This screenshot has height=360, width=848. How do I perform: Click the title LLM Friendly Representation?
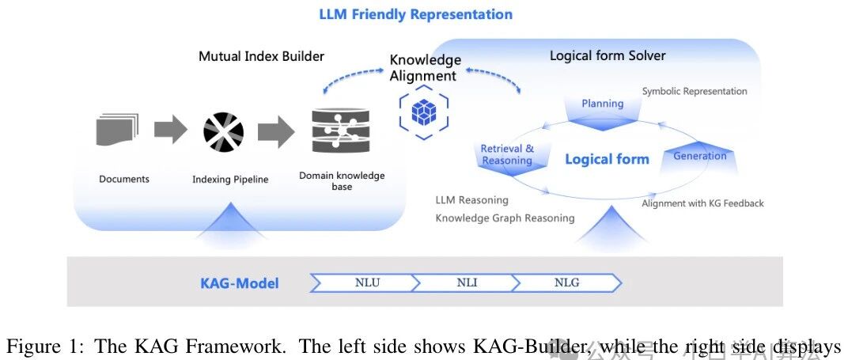tap(415, 14)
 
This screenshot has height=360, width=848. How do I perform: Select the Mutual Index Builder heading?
tap(261, 56)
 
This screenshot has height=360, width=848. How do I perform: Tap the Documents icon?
tap(118, 130)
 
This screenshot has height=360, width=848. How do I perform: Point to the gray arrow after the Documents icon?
tap(170, 130)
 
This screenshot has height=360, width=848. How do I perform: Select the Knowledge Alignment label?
tap(425, 68)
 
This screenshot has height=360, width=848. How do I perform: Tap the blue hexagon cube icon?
tap(424, 112)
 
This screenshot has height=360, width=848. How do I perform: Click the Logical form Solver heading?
tap(608, 55)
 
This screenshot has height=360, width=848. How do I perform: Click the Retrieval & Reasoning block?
tap(507, 155)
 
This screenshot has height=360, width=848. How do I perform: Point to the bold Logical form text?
tap(607, 159)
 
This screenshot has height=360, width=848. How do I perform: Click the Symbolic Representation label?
tap(694, 91)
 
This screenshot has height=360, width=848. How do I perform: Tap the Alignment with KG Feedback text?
tap(702, 203)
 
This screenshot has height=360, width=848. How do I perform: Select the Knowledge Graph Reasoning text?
tap(505, 218)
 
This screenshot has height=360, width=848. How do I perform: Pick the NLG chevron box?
tap(566, 282)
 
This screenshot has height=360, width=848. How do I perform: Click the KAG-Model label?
tap(239, 282)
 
